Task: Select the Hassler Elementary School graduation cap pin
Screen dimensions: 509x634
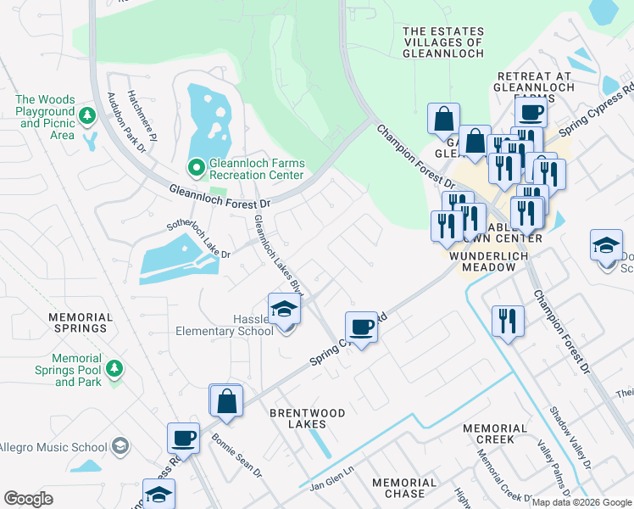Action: (284, 309)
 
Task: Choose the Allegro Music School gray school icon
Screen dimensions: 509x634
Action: (120, 446)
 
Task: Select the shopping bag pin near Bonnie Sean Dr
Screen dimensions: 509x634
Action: (226, 401)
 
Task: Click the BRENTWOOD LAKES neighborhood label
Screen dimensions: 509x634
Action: (307, 418)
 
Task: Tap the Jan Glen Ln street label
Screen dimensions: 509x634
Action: (330, 484)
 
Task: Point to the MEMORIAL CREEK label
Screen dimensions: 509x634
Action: (489, 433)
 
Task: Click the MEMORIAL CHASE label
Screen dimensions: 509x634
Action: (404, 488)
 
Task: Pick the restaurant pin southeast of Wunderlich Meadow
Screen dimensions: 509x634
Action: (507, 321)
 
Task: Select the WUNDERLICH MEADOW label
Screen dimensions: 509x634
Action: (482, 261)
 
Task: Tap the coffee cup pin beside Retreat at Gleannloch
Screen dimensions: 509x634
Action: (531, 112)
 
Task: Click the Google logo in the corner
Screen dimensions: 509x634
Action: (29, 499)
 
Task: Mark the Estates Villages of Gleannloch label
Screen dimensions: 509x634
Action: (443, 42)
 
